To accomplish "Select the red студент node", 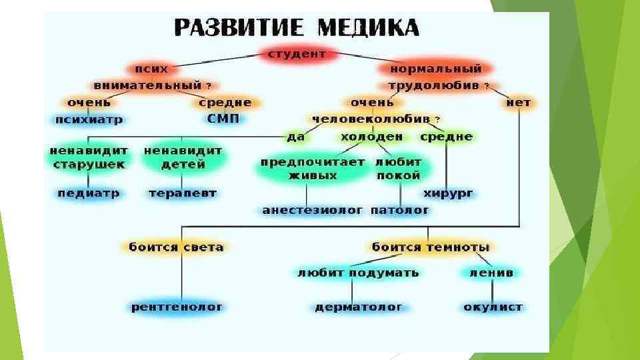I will coord(297,54).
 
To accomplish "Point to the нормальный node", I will coord(436,69).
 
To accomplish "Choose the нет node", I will coord(518,103).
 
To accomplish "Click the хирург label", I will coord(448,193).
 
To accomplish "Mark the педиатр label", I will coord(88,193).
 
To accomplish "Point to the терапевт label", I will coord(182,193).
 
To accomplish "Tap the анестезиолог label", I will coord(313,210).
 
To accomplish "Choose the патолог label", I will coord(400,210).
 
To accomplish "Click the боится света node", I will coord(176,247).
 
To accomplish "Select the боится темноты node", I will coord(431,247).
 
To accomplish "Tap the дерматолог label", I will coord(359,307).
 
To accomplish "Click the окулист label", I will coord(493,307).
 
